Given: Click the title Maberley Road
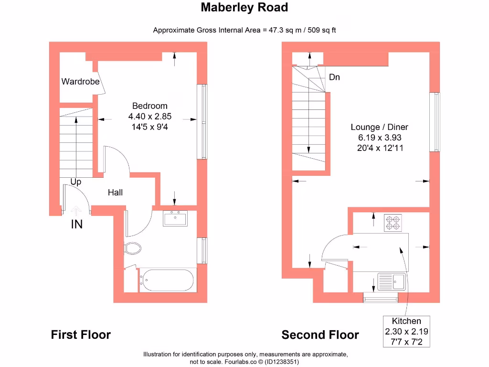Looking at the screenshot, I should point(244,8).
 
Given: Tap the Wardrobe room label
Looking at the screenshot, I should point(80,82).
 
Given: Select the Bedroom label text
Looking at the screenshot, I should point(149,106).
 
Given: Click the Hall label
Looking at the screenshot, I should point(115,193).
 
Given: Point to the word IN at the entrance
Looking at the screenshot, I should point(76,224).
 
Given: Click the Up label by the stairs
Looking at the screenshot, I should point(75,182).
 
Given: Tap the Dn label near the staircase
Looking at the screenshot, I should point(334,77).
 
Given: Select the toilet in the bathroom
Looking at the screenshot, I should point(133,248).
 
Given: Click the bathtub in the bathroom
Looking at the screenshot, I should point(167,281).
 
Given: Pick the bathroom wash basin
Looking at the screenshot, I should point(176,219).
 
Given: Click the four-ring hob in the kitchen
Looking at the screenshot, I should point(393,223).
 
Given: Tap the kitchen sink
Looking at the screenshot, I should point(391,281).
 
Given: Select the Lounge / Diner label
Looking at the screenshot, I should point(379,127).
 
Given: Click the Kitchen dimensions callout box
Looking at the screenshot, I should point(406,331).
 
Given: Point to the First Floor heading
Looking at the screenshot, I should point(81,335).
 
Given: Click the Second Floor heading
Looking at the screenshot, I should point(320,335).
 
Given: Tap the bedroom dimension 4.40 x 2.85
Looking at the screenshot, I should point(149,116).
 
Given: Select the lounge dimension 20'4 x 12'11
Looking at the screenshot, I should point(379,148).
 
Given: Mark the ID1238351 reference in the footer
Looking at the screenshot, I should point(281,362).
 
